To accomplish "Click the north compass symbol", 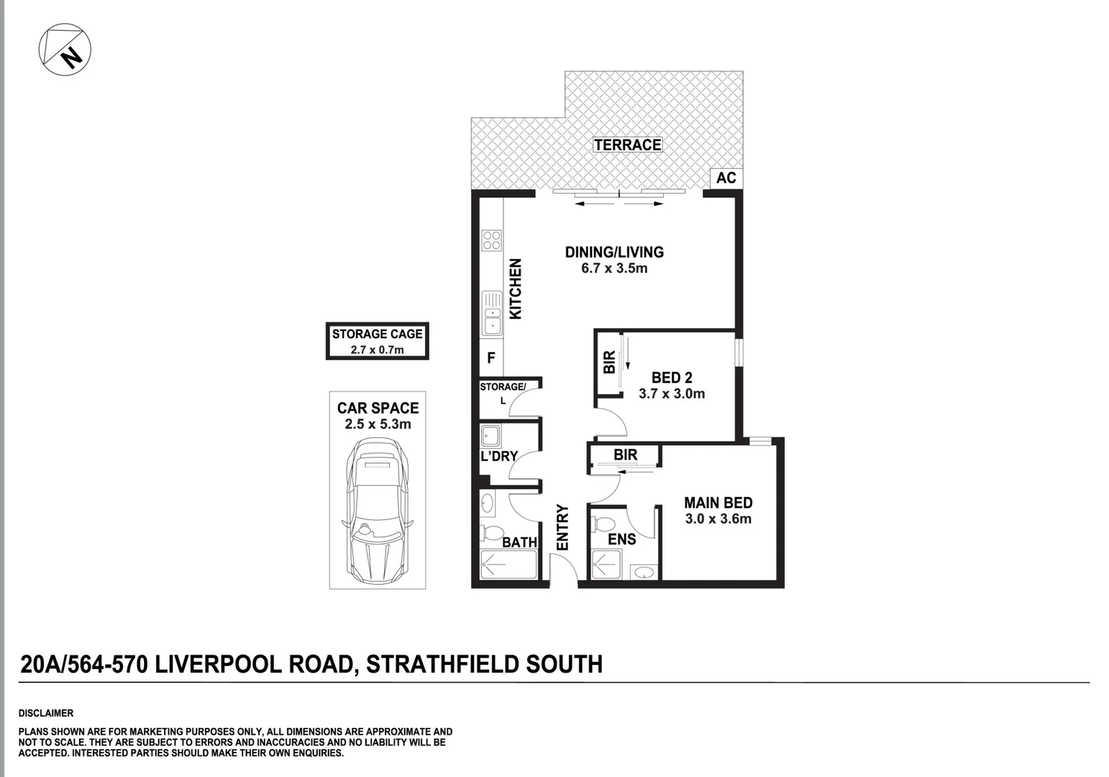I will click(x=65, y=48).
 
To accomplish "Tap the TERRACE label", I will click(x=627, y=145).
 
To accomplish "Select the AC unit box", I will click(x=726, y=178).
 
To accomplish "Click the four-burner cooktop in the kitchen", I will click(x=492, y=240).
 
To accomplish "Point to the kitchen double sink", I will click(x=492, y=313).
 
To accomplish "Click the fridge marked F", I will click(x=491, y=358).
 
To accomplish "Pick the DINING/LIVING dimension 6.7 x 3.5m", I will click(x=614, y=268).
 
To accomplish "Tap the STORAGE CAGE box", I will click(x=377, y=341).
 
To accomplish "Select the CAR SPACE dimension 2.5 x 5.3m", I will click(x=378, y=424).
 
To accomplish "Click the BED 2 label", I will click(x=671, y=378).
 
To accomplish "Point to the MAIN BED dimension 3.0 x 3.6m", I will click(x=718, y=519).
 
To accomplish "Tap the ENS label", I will click(x=621, y=539).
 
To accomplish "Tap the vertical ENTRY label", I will click(x=562, y=527).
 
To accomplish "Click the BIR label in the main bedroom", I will click(x=625, y=455).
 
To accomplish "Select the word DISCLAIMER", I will click(x=45, y=713).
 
